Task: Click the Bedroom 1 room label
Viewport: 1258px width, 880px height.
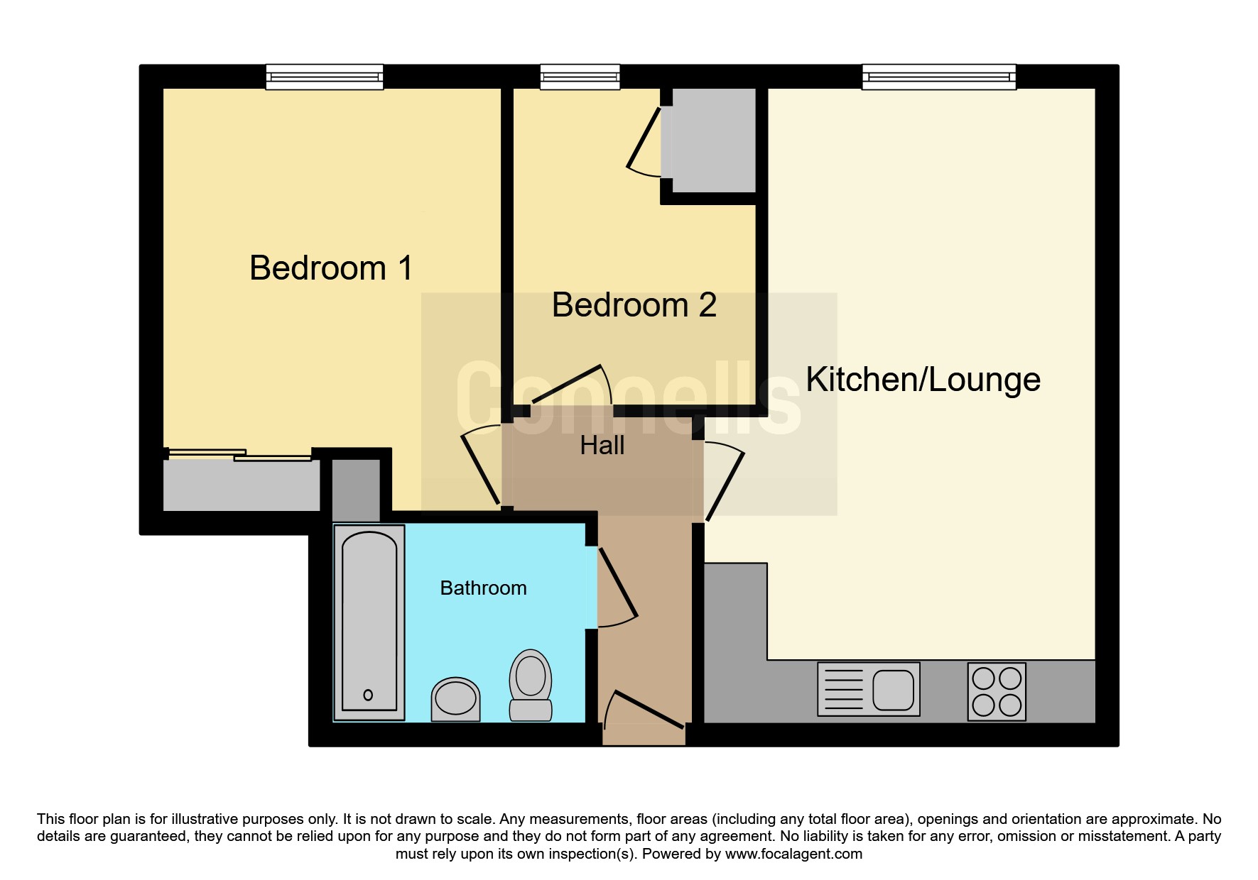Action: tap(331, 268)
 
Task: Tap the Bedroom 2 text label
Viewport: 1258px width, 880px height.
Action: tap(634, 305)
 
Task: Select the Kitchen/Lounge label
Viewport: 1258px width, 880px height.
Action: tap(923, 380)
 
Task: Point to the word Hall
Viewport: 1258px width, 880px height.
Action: tap(602, 446)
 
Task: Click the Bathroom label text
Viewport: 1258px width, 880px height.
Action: tap(484, 588)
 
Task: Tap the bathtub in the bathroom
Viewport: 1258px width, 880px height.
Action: tap(369, 622)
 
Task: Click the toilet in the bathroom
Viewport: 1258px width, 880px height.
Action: tap(531, 685)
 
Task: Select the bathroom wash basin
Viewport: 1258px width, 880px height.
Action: tap(455, 699)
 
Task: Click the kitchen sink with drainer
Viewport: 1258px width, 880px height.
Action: tap(869, 689)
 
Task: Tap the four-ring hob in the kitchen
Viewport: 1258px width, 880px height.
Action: tap(997, 692)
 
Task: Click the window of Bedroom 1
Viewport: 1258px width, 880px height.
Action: tap(325, 77)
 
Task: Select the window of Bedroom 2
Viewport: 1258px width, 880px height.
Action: tap(580, 77)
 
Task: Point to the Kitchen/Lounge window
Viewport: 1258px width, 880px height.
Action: tap(939, 77)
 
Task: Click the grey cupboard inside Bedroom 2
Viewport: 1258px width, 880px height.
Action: tap(713, 140)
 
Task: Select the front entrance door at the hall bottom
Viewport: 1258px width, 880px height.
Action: tap(644, 710)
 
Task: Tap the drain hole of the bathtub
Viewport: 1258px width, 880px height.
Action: tap(368, 695)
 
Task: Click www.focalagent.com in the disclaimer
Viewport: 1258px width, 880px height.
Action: tap(793, 854)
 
